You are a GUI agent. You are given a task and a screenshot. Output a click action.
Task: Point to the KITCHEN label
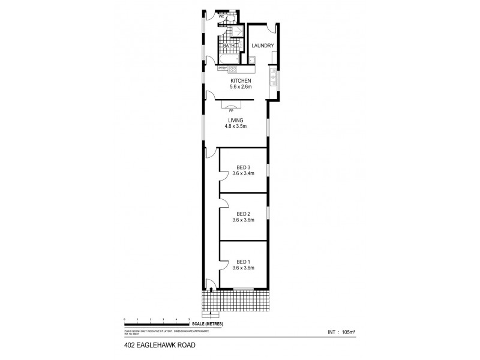coord(240,81)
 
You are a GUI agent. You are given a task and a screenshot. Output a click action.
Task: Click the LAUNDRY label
coord(263,46)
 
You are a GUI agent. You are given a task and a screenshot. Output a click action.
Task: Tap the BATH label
coord(229,46)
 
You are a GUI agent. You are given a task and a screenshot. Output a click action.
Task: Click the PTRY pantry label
coord(221,68)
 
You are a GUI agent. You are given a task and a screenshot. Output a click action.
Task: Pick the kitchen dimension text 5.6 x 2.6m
coord(240,88)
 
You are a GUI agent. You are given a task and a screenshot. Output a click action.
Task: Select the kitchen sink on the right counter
coord(273,76)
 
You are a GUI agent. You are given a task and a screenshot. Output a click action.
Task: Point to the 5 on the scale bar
coord(190,319)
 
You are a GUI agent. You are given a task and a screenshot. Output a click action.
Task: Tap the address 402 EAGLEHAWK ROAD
coord(152,346)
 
